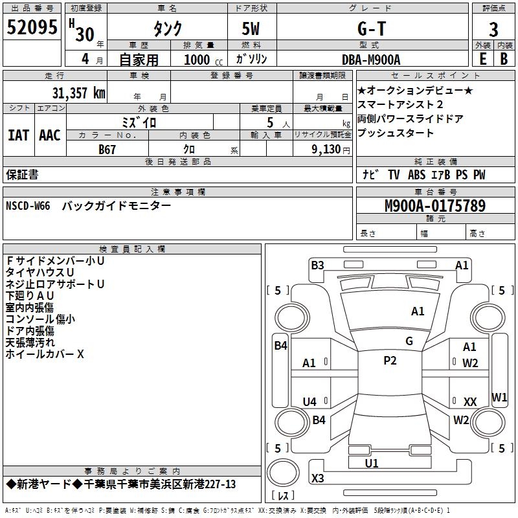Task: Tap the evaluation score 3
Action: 494,29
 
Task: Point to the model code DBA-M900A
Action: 371,60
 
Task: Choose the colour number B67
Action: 107,149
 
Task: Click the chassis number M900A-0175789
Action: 435,206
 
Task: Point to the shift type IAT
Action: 19,135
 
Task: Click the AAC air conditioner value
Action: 50,135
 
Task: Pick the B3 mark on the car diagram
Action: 317,265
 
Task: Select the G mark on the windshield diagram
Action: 409,341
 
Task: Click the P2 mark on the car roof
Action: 390,361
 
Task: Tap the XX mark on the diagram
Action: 470,402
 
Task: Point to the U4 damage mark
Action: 310,401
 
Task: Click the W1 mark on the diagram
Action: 499,397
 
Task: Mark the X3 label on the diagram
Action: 317,479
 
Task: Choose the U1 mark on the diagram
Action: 372,463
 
